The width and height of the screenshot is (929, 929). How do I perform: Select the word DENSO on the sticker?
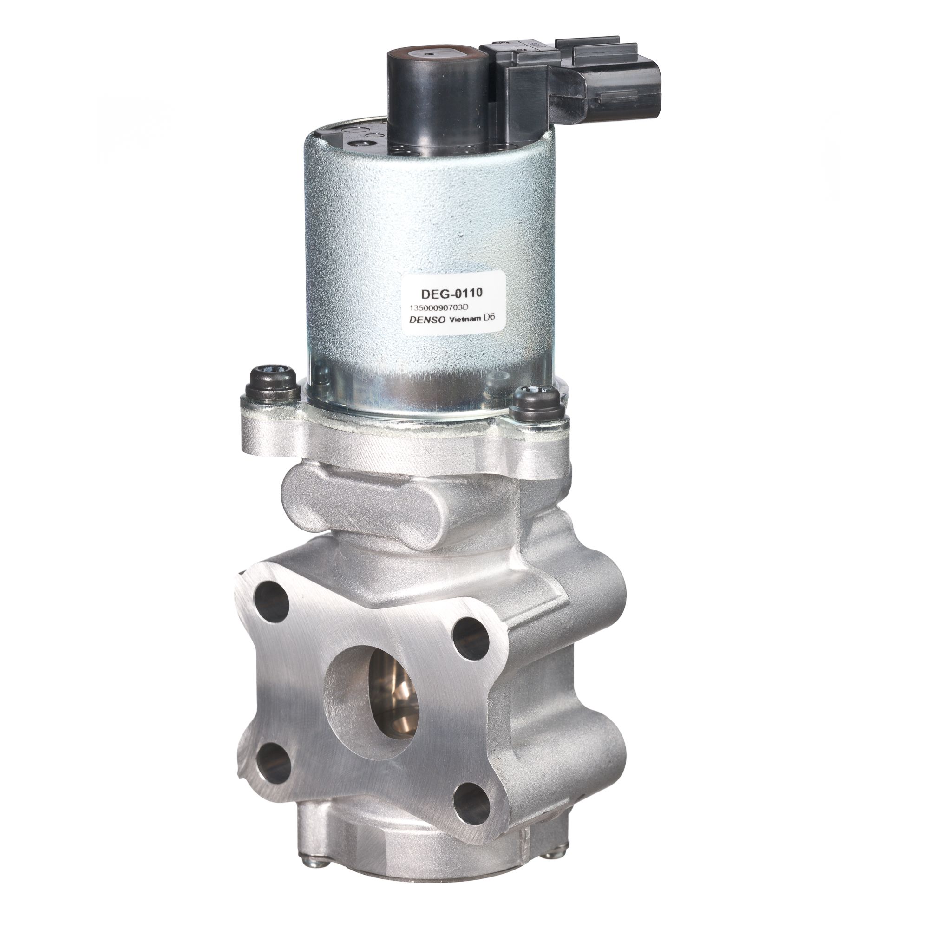[424, 319]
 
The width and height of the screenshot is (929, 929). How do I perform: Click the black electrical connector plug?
[568, 82]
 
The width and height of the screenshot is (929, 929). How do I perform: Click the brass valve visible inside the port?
[392, 697]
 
